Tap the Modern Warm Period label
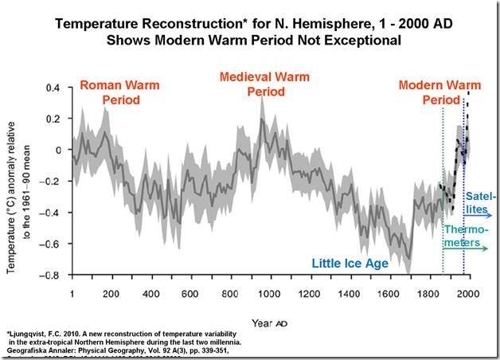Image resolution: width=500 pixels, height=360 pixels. [x=435, y=92]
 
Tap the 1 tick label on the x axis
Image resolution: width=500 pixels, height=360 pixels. [x=72, y=292]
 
